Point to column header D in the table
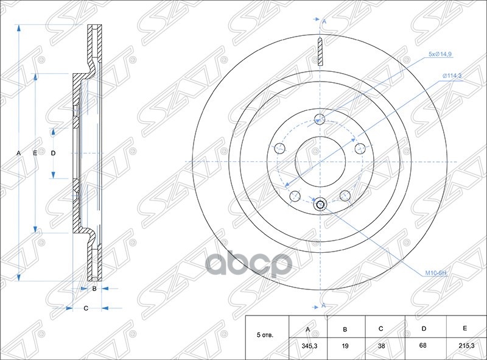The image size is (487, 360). click(x=423, y=329)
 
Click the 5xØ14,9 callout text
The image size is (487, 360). click(x=440, y=54)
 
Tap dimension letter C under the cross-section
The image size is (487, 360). click(x=86, y=308)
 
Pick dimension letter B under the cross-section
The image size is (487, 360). click(x=95, y=289)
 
